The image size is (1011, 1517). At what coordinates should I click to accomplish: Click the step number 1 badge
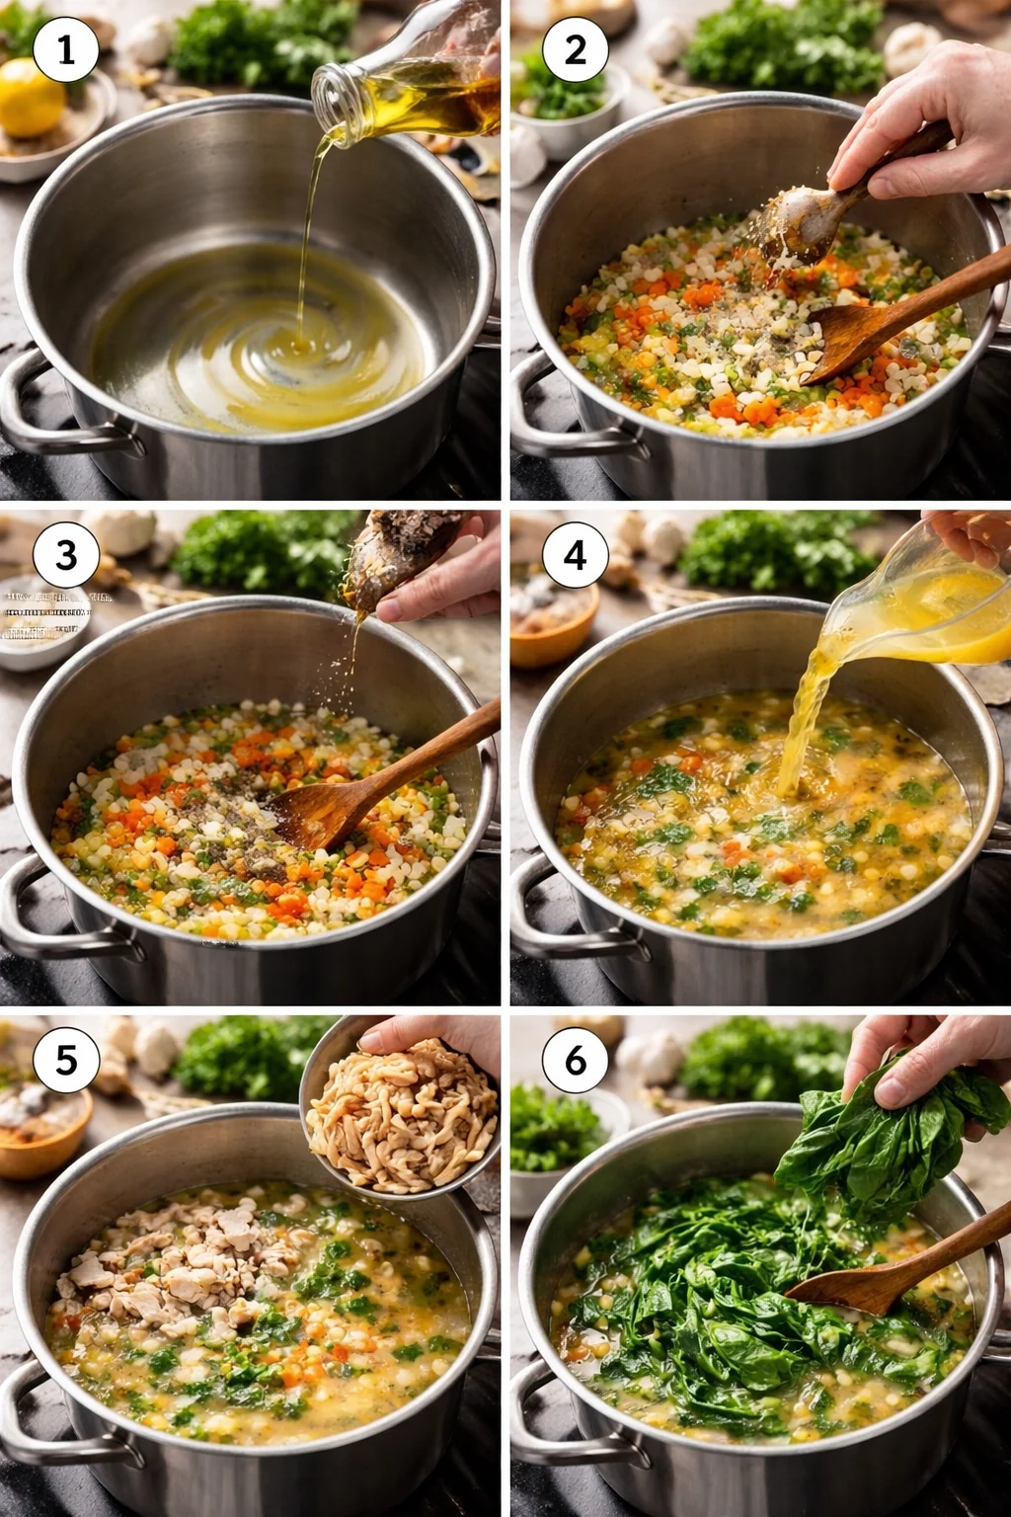(x=66, y=49)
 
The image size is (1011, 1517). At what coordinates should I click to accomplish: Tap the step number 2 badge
(x=575, y=49)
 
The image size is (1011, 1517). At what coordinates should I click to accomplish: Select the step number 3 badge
(x=66, y=555)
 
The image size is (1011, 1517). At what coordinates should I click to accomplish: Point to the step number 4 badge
(x=575, y=555)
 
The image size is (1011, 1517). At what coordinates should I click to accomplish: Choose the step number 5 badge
(x=66, y=1060)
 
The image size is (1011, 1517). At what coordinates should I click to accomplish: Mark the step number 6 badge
(x=575, y=1060)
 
